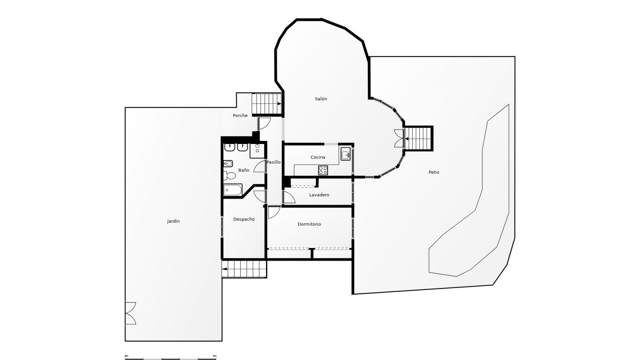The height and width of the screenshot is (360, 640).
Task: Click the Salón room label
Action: (x=321, y=99)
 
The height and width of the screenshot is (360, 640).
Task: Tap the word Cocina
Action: (x=318, y=157)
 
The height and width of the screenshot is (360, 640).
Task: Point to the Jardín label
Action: (x=174, y=221)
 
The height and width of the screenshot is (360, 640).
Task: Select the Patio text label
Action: (x=434, y=172)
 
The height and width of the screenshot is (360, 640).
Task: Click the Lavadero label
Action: (x=319, y=195)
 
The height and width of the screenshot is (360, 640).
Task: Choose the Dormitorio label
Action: (x=309, y=224)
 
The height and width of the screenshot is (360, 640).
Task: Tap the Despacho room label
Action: (x=244, y=219)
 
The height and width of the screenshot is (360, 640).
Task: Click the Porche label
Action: (x=240, y=116)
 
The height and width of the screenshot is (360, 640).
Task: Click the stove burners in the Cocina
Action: (x=323, y=170)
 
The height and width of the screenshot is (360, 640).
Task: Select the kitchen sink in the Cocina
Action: (x=346, y=154)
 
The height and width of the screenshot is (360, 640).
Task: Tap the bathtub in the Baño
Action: (x=232, y=190)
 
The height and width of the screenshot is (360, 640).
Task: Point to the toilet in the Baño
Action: (x=230, y=176)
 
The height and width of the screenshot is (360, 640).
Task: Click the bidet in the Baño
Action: (x=228, y=164)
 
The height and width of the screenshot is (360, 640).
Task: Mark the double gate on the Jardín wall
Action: (x=130, y=313)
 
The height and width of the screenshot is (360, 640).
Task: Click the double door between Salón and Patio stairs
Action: (x=399, y=138)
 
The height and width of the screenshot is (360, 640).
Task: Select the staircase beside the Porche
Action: (x=266, y=104)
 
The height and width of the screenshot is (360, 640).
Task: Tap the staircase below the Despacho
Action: (x=244, y=269)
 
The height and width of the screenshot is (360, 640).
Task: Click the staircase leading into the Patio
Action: (x=418, y=138)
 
